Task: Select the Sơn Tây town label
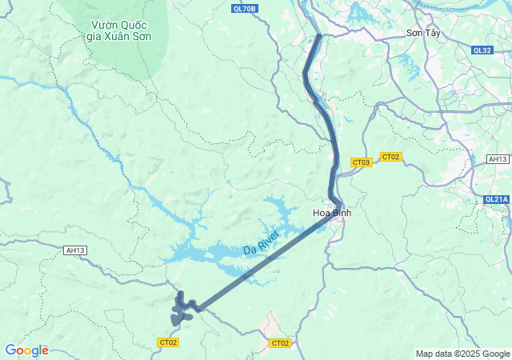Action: tap(423, 33)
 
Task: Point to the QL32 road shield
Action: tap(482, 50)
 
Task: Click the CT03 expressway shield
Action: tap(362, 162)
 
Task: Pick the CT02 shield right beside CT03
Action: tap(390, 157)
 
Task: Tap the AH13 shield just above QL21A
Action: tap(498, 159)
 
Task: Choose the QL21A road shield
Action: tap(497, 199)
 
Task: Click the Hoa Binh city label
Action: tap(331, 213)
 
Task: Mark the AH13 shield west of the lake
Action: tap(75, 250)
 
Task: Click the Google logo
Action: tap(26, 350)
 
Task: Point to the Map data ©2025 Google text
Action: tap(462, 354)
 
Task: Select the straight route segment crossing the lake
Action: tap(264, 264)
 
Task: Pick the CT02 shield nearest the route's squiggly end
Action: tap(168, 342)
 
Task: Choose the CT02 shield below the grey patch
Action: tap(279, 343)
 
